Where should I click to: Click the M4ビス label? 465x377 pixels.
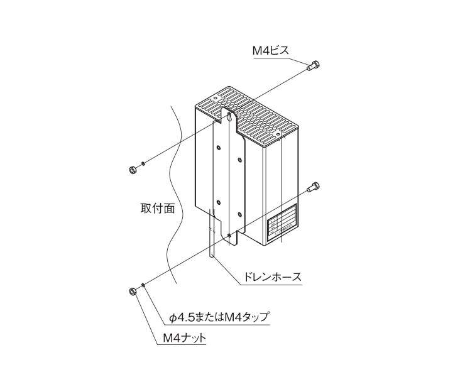coord(270,51)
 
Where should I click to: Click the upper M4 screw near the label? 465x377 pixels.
coord(313,66)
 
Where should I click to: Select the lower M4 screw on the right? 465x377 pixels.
coord(313,187)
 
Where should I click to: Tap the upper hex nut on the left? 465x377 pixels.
coord(132,170)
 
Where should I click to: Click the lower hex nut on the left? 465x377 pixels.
coord(132,292)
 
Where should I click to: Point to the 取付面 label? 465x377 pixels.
coord(158,208)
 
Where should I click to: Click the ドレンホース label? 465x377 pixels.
coord(272,277)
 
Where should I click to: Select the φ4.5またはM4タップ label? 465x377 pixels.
coord(219,317)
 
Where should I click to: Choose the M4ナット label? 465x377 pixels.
coord(185,337)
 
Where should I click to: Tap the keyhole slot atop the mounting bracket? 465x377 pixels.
coord(230,116)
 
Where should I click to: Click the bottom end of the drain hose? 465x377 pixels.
coord(212,256)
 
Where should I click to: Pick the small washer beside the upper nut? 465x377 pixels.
coord(143,163)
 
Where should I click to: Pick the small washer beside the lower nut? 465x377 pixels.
coord(143,285)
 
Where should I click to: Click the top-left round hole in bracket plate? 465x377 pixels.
coord(219,148)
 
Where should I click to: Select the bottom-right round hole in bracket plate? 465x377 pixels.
coord(239,215)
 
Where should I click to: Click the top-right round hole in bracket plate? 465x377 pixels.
coord(239,160)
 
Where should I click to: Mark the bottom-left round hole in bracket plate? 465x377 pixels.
coord(219,202)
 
